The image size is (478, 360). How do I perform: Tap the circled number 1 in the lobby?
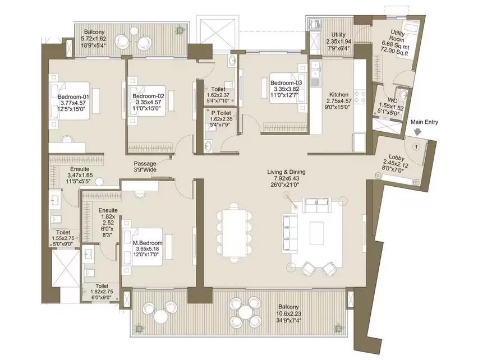pyautogui.click(x=416, y=147)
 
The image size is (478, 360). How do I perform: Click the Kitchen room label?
pyautogui.click(x=339, y=95)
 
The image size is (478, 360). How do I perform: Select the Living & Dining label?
pyautogui.click(x=286, y=172)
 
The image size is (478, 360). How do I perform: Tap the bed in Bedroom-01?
pyautogui.click(x=70, y=100)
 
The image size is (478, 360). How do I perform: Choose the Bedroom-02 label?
pyautogui.click(x=148, y=96)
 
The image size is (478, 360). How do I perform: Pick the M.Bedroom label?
pyautogui.click(x=148, y=243)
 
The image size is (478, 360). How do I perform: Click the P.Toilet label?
pyautogui.click(x=221, y=113)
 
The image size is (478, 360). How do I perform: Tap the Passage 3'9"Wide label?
pyautogui.click(x=145, y=167)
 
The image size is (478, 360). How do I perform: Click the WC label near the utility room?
pyautogui.click(x=392, y=100)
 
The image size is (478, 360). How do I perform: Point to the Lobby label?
pyautogui.click(x=397, y=158)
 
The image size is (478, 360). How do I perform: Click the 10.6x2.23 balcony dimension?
pyautogui.click(x=288, y=313)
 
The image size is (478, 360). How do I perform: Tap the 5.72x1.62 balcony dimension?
pyautogui.click(x=93, y=39)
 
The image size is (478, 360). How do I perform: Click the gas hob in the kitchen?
pyautogui.click(x=360, y=96)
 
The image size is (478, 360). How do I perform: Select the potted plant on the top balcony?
pyautogui.click(x=180, y=30)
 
